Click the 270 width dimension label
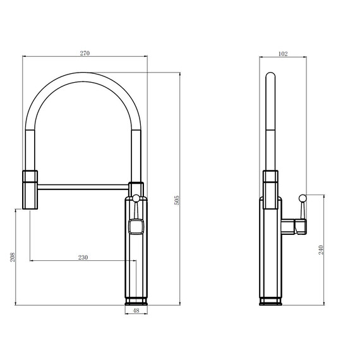85,53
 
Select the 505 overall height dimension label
177,200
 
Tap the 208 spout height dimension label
13,257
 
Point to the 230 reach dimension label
83,258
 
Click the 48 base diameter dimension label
136,311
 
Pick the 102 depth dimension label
283,54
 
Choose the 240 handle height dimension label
321,250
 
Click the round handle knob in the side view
303,198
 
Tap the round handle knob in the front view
136,198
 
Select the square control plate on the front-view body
136,226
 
